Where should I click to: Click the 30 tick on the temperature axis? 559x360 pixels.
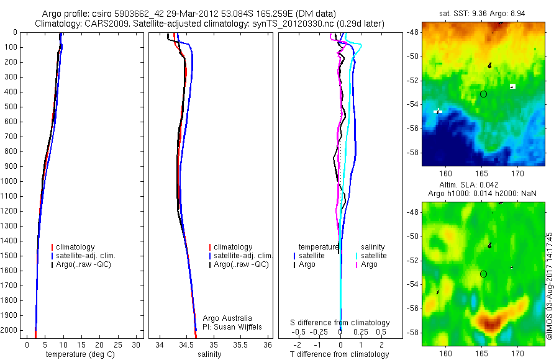(138, 344)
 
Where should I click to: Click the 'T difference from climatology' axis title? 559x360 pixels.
(340, 354)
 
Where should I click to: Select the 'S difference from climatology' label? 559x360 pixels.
(340, 323)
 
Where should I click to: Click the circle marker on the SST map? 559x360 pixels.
(483, 94)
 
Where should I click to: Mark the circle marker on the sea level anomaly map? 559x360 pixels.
(483, 274)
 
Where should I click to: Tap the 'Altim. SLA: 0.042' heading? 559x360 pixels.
(483, 186)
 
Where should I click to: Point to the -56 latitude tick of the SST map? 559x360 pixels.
(414, 128)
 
